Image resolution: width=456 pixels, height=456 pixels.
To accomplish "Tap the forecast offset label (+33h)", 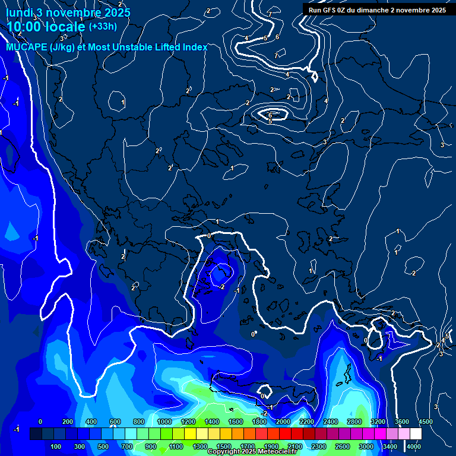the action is pyautogui.click(x=103, y=27).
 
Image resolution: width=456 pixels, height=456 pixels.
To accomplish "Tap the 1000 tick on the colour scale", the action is pyautogui.click(x=164, y=422).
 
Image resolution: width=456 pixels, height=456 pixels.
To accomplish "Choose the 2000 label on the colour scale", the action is pyautogui.click(x=283, y=422).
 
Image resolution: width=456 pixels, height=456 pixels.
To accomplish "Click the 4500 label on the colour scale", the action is pyautogui.click(x=425, y=422).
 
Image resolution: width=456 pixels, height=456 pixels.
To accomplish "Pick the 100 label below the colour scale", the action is pyautogui.click(x=56, y=446).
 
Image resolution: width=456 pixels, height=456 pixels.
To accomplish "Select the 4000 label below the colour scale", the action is pyautogui.click(x=414, y=446).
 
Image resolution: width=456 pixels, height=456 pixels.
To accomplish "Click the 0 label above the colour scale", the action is pyautogui.click(x=40, y=422).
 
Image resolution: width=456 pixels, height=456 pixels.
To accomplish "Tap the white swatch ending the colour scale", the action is pyautogui.click(x=416, y=434).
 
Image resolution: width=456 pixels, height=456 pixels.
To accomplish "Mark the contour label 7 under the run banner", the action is pyautogui.click(x=270, y=14).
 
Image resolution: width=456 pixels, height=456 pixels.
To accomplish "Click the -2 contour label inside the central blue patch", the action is pyautogui.click(x=221, y=287).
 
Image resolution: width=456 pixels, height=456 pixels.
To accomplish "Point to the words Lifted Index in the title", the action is pyautogui.click(x=177, y=47).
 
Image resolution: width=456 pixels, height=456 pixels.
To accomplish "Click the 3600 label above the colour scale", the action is pyautogui.click(x=402, y=422).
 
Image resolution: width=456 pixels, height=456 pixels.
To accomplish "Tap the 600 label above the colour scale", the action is pyautogui.click(x=115, y=422).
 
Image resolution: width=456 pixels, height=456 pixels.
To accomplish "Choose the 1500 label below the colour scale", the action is pyautogui.click(x=223, y=446).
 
